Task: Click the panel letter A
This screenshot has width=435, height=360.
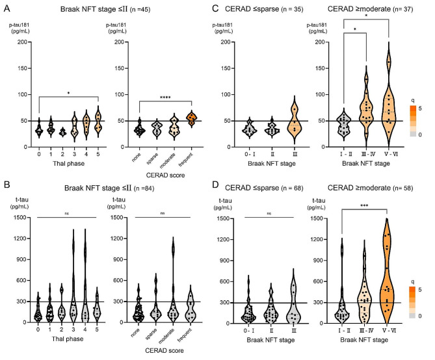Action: pos(7,9)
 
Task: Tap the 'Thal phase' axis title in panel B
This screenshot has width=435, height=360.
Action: pos(64,340)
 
